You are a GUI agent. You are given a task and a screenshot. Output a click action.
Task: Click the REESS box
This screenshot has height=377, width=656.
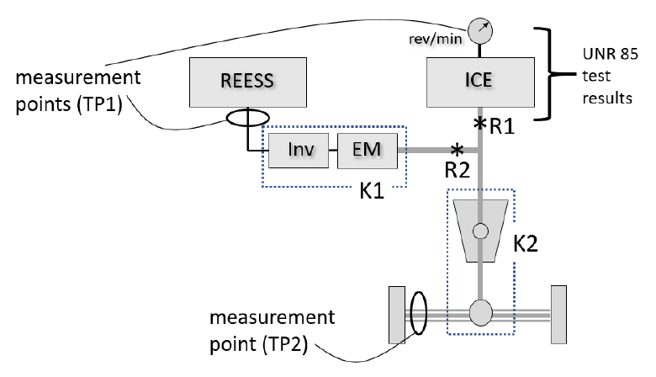click(247, 82)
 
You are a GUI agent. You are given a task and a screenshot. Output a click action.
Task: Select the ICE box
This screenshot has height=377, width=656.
click(480, 82)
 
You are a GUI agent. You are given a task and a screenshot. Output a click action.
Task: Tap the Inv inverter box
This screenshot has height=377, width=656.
click(299, 151)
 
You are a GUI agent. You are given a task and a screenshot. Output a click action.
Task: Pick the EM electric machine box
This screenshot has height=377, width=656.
click(368, 151)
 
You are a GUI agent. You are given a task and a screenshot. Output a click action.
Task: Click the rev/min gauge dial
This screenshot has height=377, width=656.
click(480, 31)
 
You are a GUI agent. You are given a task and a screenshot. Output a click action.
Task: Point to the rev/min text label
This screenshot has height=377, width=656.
click(435, 39)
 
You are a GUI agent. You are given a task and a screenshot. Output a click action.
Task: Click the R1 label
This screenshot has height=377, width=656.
click(501, 126)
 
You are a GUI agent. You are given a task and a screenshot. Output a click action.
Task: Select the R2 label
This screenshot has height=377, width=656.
click(457, 170)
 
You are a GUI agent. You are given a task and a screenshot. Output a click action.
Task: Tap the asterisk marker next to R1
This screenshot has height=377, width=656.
click(480, 123)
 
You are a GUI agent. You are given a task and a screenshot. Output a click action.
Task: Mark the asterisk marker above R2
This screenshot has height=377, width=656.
click(457, 150)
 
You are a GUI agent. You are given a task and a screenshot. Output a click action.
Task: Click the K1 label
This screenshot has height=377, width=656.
click(372, 191)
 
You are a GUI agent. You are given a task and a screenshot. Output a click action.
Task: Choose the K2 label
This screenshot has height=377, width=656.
click(525, 243)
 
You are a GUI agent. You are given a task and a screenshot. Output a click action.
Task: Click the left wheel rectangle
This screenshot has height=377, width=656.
click(397, 315)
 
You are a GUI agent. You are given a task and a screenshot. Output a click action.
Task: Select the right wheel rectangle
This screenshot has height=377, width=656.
click(558, 315)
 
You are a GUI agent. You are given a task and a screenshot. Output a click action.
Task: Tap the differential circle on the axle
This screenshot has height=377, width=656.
click(480, 312)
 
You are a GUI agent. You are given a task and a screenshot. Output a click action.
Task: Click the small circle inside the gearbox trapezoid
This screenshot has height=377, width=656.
click(480, 231)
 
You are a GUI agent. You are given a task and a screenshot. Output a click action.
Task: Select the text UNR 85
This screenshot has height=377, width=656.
click(610, 54)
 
